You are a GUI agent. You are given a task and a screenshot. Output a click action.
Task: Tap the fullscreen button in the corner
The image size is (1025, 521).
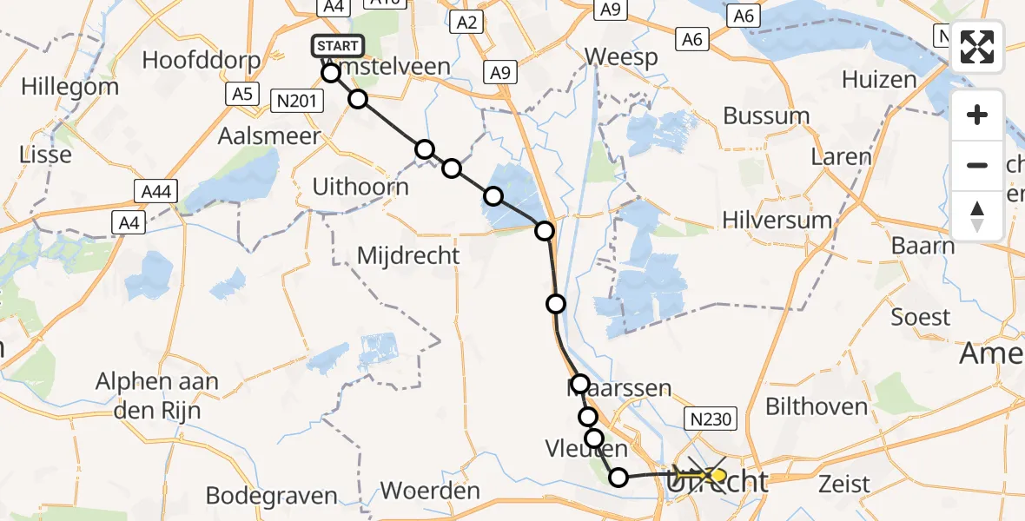pos(977,47)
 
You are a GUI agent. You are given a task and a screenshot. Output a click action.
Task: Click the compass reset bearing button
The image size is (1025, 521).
pos(977,216)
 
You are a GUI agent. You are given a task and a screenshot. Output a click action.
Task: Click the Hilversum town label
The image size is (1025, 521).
pos(777,221)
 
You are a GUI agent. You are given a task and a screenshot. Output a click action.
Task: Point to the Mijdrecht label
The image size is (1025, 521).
pos(408,256)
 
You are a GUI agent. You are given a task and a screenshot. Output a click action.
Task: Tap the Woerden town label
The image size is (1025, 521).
pos(430,491)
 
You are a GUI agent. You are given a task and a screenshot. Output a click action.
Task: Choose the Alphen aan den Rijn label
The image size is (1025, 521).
pos(157,395)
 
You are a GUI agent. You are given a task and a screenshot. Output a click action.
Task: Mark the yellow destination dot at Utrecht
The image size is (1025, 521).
pos(717,476)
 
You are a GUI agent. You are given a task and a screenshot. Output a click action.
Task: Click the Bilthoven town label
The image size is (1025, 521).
pos(817,406)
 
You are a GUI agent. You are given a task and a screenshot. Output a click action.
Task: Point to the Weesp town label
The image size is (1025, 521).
pos(621,56)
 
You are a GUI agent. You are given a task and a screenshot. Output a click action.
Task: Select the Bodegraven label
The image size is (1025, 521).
pos(271,496)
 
